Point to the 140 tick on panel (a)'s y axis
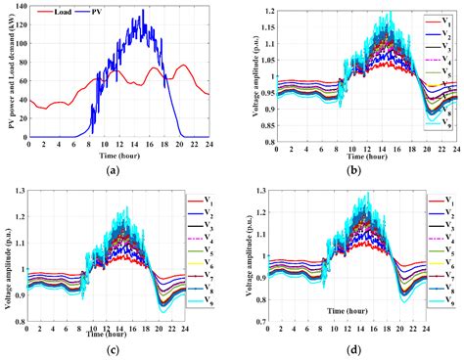(19, 8)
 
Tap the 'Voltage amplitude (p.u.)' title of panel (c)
(8, 256)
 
